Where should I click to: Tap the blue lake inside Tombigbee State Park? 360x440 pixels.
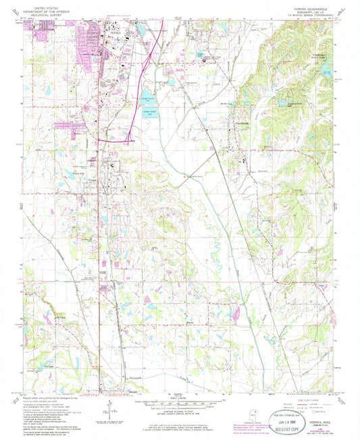click(284, 103)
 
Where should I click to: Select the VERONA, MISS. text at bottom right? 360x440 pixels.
click(316, 418)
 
